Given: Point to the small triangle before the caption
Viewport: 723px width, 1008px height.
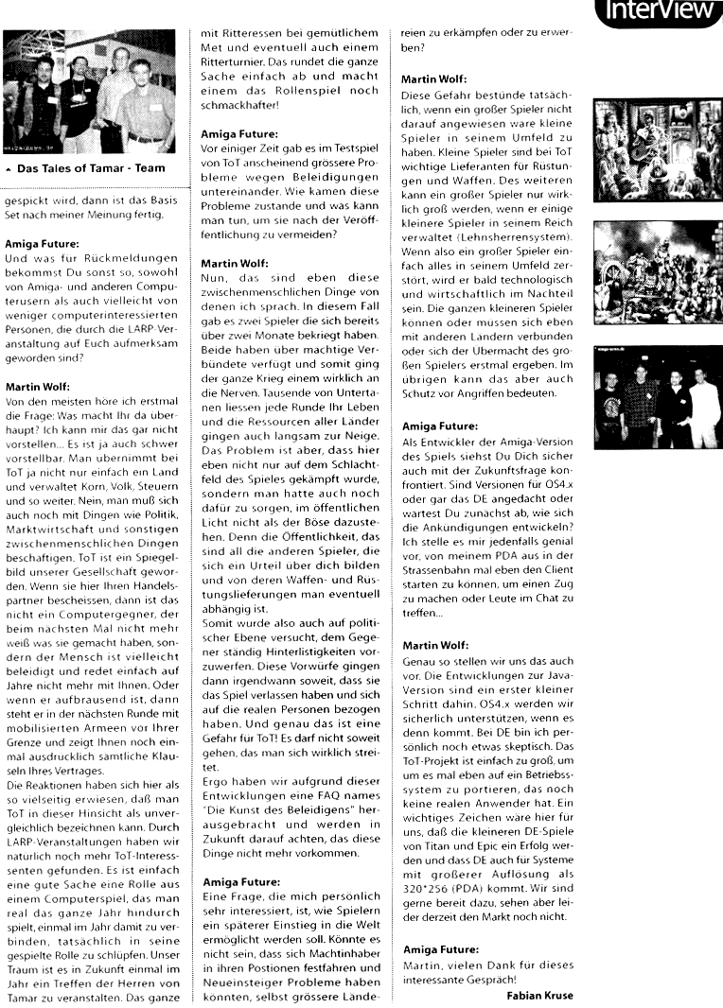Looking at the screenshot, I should point(9,171).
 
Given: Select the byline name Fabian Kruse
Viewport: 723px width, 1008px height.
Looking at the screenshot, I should point(538,994).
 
